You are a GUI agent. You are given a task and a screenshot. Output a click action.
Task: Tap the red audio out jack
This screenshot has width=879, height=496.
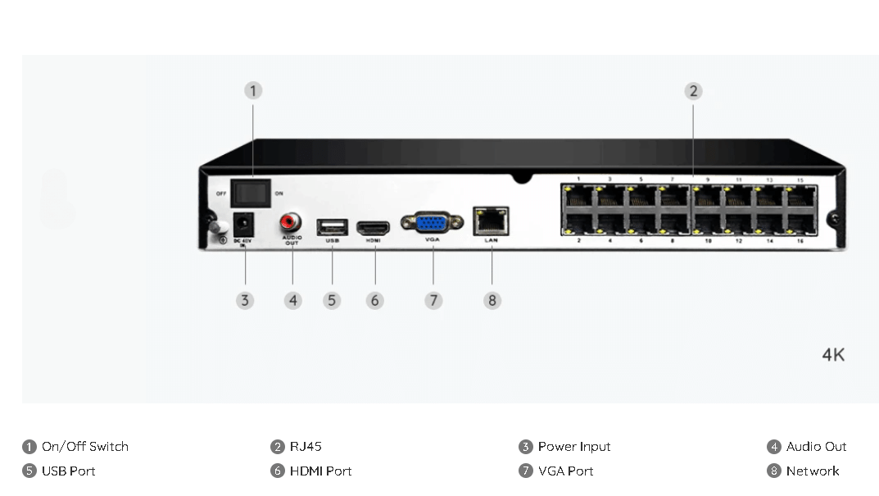click(291, 221)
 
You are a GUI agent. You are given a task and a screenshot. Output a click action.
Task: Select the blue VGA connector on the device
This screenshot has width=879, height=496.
click(433, 223)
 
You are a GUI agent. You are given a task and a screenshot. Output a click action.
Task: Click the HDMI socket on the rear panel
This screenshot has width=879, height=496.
click(374, 225)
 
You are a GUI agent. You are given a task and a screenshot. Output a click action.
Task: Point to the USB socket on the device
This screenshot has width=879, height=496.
click(332, 226)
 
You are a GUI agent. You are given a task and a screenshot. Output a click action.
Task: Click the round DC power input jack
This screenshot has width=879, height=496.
click(243, 223)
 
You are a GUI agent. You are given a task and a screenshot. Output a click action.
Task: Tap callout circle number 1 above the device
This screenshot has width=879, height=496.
click(253, 90)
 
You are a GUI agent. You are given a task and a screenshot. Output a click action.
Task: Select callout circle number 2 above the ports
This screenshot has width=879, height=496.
click(693, 90)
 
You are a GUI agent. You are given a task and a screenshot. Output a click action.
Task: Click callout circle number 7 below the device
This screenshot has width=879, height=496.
click(433, 300)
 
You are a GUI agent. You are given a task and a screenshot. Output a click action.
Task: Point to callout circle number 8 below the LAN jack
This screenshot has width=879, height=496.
click(492, 300)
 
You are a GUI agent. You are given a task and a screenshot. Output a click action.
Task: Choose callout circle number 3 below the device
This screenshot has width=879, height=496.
click(244, 300)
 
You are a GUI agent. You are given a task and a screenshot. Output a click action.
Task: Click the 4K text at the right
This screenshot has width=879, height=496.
click(833, 355)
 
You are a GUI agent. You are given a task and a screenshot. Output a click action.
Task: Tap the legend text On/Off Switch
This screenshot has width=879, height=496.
click(85, 447)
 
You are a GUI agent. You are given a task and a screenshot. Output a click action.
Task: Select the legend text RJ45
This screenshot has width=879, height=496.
click(306, 447)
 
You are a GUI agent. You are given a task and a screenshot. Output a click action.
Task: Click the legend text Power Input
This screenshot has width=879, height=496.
click(574, 447)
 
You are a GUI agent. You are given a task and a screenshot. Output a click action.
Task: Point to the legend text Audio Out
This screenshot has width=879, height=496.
click(816, 447)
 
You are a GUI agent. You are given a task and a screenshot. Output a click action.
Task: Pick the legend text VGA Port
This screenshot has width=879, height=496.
click(565, 471)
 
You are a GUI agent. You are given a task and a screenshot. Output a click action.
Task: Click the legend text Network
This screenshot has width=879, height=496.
click(813, 471)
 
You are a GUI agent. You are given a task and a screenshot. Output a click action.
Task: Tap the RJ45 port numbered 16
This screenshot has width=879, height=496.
click(800, 224)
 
